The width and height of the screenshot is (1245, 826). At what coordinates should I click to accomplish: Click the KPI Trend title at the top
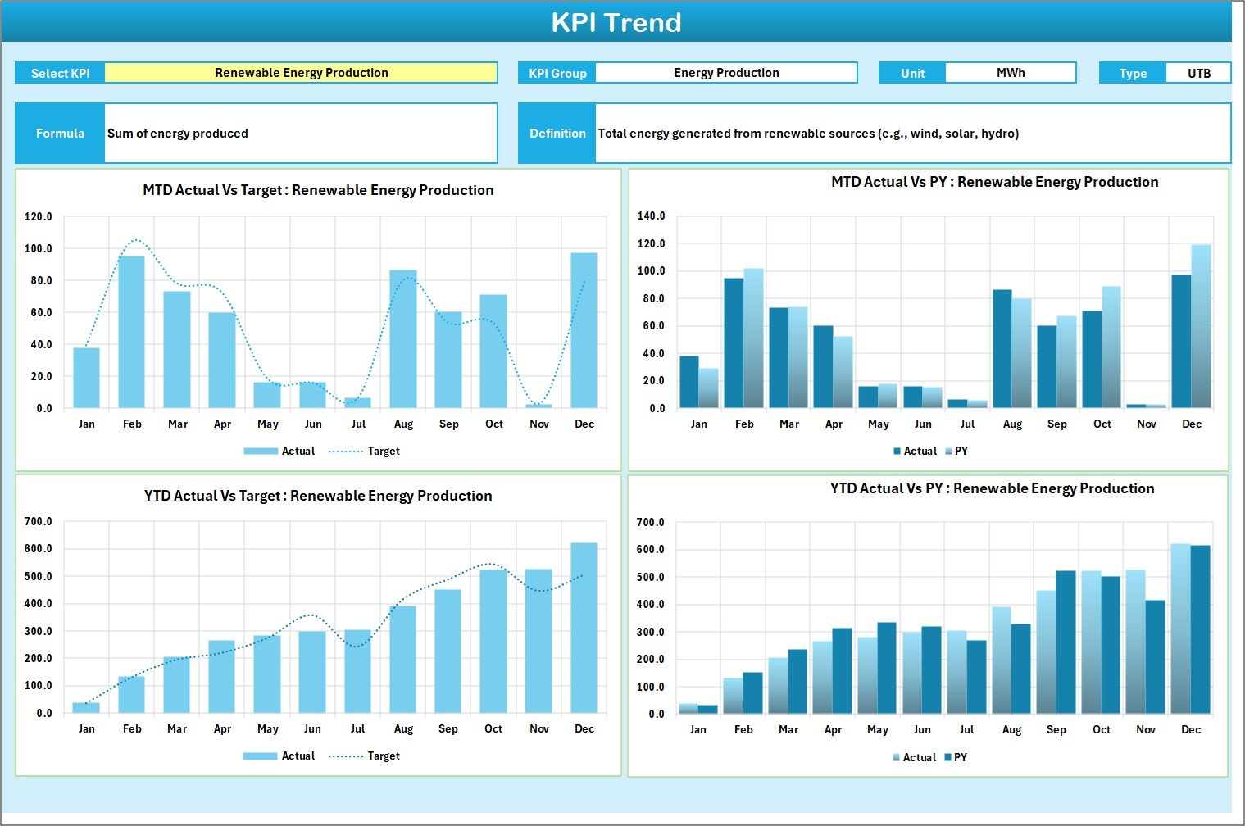[x=616, y=22]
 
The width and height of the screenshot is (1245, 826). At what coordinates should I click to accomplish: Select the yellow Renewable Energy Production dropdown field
[x=301, y=73]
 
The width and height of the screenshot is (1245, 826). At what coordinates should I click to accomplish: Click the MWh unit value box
[x=1010, y=73]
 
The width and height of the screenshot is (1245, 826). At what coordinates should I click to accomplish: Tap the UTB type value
[x=1198, y=73]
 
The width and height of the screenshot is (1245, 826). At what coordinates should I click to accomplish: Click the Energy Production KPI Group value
[x=725, y=73]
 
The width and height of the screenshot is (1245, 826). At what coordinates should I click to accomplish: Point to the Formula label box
[x=60, y=133]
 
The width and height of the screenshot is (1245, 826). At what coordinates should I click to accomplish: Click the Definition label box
[x=557, y=133]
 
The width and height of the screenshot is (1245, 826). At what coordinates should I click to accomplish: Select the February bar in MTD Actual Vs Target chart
[x=131, y=332]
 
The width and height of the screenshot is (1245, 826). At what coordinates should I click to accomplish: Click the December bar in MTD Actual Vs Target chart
[x=584, y=330]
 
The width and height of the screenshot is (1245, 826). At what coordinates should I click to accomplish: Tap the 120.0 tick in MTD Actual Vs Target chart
[x=39, y=217]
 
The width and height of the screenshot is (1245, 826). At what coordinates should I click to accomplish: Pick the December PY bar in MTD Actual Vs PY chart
[x=1201, y=326]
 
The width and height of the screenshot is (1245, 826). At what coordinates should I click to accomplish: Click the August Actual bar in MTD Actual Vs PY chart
[x=1002, y=348]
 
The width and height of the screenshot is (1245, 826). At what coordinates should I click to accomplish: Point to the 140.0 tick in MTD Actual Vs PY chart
[x=652, y=216]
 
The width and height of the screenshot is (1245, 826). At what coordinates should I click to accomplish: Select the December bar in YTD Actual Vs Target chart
[x=584, y=627]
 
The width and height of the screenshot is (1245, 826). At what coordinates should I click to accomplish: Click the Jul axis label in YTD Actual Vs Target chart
[x=357, y=728]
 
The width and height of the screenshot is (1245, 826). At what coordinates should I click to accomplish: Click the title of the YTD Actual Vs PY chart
[x=992, y=488]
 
